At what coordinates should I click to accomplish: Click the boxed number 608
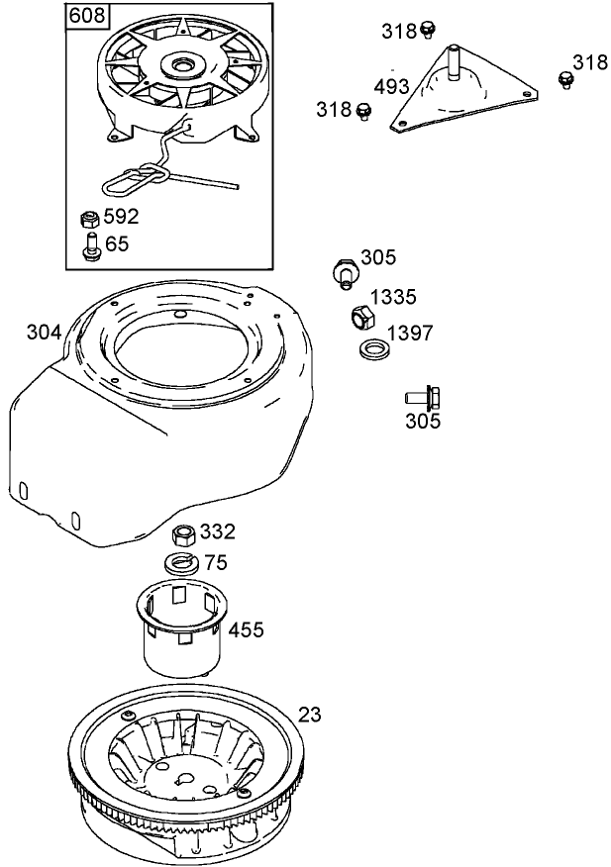coord(88,17)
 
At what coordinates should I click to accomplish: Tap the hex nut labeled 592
coord(88,219)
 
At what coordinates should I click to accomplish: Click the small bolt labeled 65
coord(89,245)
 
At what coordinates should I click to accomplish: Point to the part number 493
coord(392,86)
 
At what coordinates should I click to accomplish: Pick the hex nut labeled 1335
coord(361,318)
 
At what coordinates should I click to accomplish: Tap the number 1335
coord(393,297)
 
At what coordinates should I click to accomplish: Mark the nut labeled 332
coord(182,535)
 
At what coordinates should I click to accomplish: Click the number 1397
coord(409,334)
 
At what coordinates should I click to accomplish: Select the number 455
coord(247,629)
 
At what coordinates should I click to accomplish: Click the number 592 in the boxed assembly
coord(121,217)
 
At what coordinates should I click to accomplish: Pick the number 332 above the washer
coord(217,531)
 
